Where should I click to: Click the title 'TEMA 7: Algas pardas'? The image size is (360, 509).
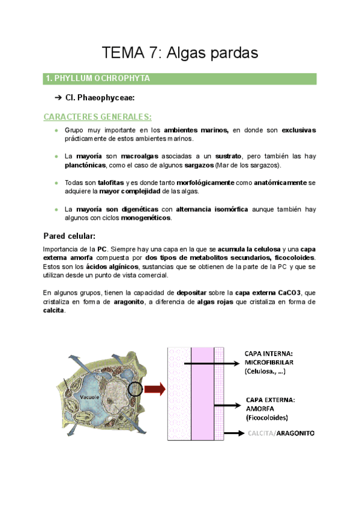pos(180,53)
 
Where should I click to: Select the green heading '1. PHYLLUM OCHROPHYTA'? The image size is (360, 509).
pos(98,79)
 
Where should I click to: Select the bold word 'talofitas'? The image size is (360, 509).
pos(112,182)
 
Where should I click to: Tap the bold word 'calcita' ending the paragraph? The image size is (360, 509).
pos(54,311)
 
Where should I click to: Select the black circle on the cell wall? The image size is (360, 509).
pos(136,389)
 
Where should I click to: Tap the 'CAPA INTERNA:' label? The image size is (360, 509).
pos(269,354)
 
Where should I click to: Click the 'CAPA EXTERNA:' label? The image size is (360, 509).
pos(270,399)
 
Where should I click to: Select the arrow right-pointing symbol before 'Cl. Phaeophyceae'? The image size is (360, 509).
pos(58,98)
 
